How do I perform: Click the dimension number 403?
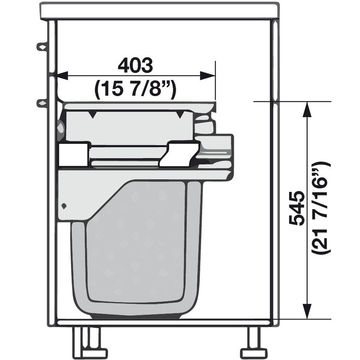(x=135, y=65)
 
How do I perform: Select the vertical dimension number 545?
(x=297, y=208)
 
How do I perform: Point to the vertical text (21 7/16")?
(x=321, y=208)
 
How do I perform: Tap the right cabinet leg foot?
(x=254, y=353)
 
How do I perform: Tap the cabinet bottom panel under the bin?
(x=163, y=323)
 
